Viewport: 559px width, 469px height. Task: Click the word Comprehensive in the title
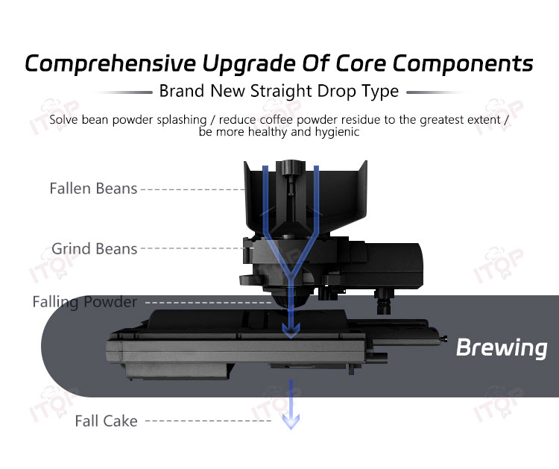tap(110, 64)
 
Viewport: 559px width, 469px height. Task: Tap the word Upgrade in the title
tap(249, 64)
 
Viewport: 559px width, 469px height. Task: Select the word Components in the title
tap(463, 64)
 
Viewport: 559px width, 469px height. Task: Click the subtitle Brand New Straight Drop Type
tap(279, 91)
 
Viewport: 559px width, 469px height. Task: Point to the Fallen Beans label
tap(93, 189)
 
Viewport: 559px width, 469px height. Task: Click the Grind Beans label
tap(95, 248)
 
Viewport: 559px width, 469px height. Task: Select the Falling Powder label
tap(85, 302)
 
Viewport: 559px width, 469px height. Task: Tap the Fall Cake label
tap(107, 421)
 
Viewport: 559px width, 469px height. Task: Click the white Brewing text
tap(502, 347)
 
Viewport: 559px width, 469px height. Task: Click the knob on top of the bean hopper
tap(291, 168)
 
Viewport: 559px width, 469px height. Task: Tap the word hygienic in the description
tap(337, 132)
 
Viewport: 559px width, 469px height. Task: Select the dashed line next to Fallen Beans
tap(192, 189)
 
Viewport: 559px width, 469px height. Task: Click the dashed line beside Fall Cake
tap(209, 421)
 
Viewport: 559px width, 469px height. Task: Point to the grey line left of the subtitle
tap(123, 92)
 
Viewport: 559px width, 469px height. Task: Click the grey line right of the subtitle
tap(436, 92)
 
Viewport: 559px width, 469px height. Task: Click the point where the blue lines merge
tap(291, 276)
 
